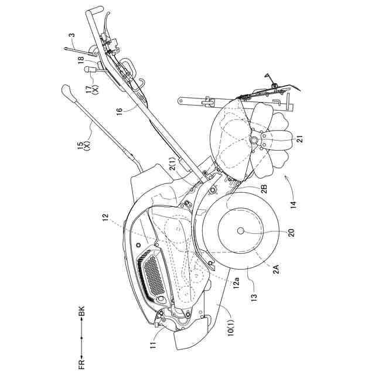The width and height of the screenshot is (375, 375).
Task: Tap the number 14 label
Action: (x=291, y=204)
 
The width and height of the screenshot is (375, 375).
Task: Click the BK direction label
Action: (x=83, y=315)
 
